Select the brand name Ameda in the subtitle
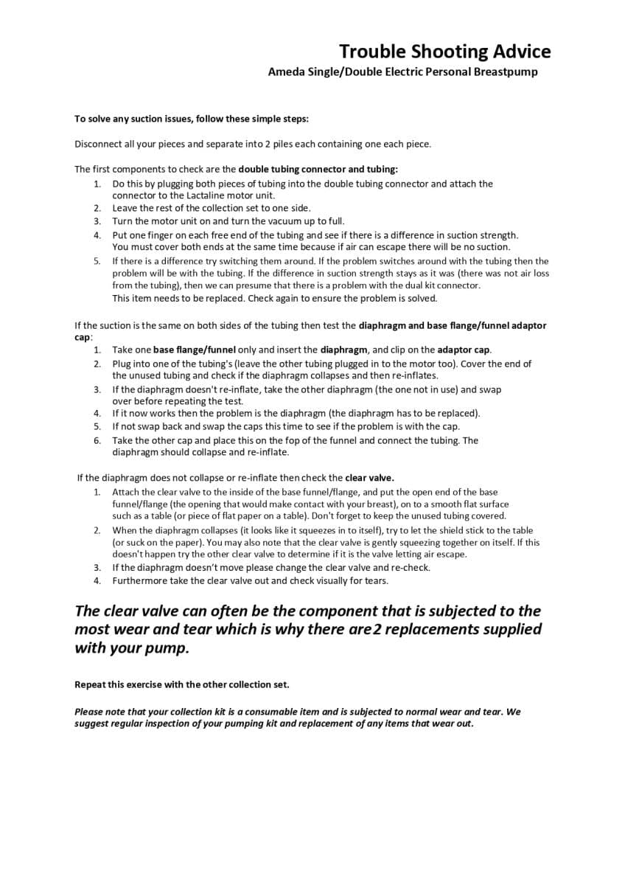tap(284, 72)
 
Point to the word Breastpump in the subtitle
tap(506, 72)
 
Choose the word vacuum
tap(262, 221)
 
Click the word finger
tap(161, 235)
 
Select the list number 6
tap(97, 440)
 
